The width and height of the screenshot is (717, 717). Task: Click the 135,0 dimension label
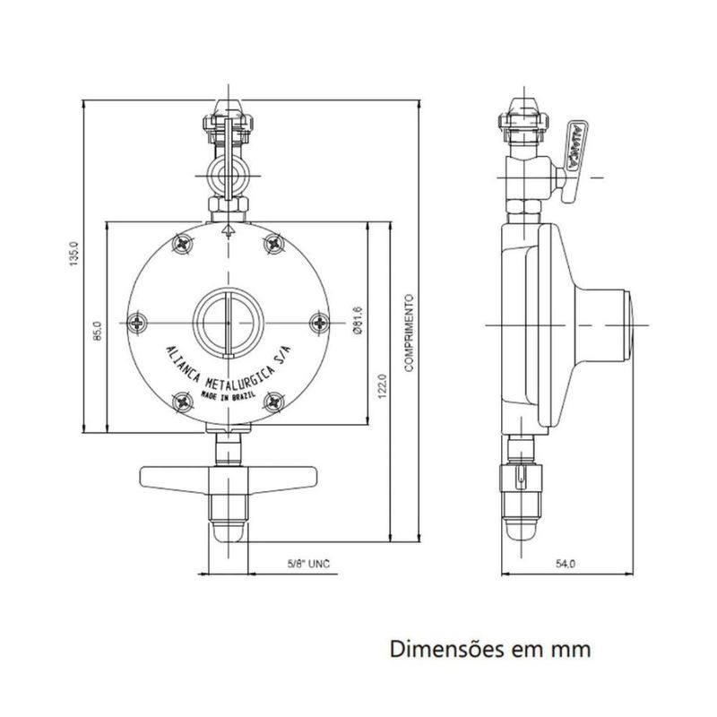click(x=76, y=254)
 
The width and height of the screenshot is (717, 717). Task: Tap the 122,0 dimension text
click(x=383, y=385)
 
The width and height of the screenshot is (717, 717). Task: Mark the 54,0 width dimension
click(x=565, y=565)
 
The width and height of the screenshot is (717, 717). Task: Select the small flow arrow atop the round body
click(x=228, y=230)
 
